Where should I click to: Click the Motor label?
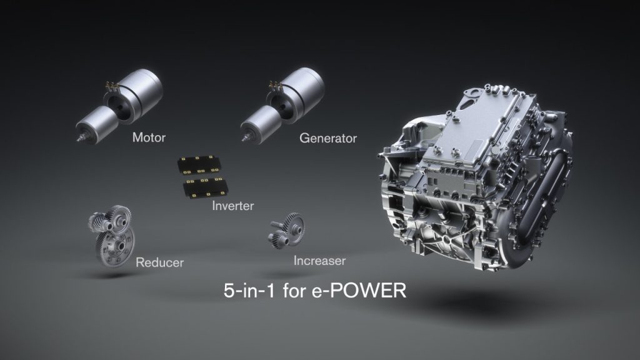point(149,137)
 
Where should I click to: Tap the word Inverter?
point(232,205)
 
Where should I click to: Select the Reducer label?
point(160,262)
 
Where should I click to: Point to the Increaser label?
point(319,260)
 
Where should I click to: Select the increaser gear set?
point(287,231)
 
